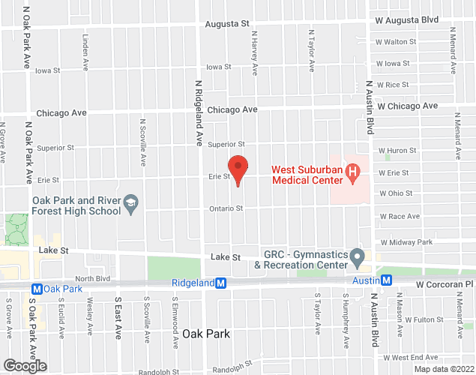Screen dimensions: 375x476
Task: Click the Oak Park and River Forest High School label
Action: [76, 205]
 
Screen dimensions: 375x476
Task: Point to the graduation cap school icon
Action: [131, 202]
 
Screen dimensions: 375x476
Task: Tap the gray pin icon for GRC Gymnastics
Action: [358, 259]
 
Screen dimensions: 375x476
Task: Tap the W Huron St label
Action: [397, 151]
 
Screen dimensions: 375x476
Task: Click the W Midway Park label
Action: [406, 242]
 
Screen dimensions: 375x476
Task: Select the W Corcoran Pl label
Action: [445, 285]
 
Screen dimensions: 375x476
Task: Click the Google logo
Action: [24, 366]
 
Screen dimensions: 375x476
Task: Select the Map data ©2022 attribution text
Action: [444, 369]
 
